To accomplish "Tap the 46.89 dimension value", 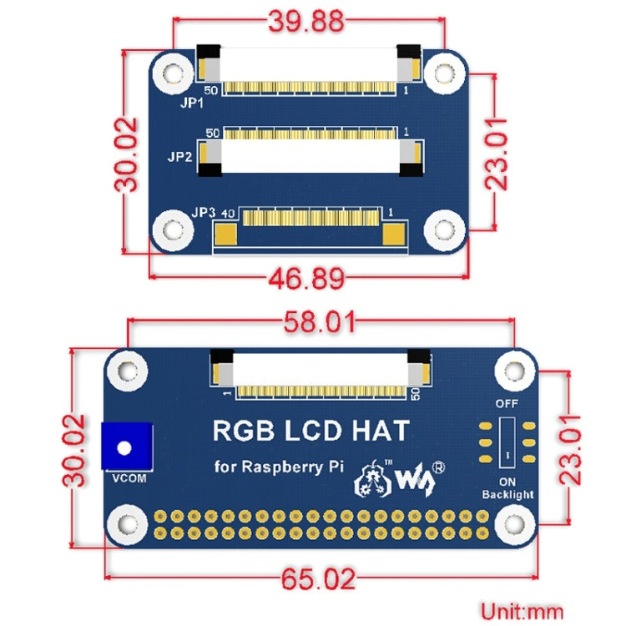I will click(308, 277).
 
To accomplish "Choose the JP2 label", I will click(180, 155).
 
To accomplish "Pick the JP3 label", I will click(204, 212).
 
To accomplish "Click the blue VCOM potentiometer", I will click(124, 447).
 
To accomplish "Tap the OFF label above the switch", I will click(507, 403).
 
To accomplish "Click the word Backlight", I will click(507, 494).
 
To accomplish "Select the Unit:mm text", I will click(522, 611).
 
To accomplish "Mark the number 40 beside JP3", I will click(228, 213).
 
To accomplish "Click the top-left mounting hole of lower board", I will click(128, 369).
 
